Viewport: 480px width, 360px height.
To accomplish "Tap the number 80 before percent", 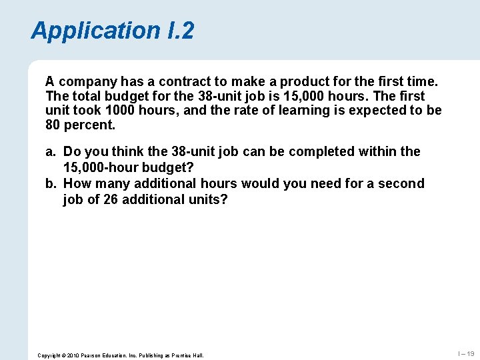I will coord(53,125).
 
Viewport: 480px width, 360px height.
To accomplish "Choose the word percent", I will coord(90,125).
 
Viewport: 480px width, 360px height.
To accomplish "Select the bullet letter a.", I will coord(50,152).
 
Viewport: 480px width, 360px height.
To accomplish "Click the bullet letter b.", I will coord(50,183).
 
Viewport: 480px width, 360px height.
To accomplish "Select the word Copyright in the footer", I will coord(51,355).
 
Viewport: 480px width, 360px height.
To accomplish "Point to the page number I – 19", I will coord(465,354).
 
